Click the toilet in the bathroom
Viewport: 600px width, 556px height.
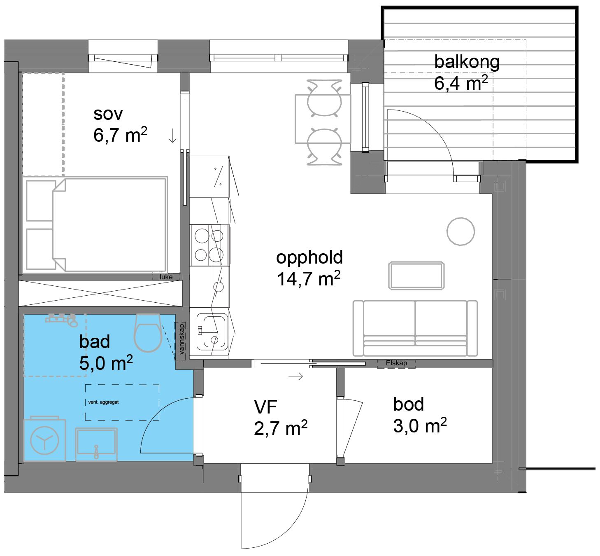pos(148,333)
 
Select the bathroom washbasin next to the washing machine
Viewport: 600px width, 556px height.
pos(96,444)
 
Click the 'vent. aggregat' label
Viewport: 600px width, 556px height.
pos(103,402)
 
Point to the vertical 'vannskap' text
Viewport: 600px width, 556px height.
pos(181,339)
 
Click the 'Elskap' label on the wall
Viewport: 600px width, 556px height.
pos(396,363)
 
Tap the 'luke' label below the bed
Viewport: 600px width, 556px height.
pos(166,277)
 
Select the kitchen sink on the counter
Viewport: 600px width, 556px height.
pos(212,332)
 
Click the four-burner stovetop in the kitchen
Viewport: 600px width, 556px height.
pos(209,245)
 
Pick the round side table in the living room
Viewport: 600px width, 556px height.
pos(460,231)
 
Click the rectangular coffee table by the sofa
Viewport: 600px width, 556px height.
pos(416,276)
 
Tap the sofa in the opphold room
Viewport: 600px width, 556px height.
pos(415,328)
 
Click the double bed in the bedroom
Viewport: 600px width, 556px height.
pos(95,224)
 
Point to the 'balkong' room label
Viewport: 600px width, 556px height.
pos(467,62)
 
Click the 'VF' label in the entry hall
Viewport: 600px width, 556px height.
pos(265,407)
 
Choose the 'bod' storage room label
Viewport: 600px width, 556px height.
pos(409,404)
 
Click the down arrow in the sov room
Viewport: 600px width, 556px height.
pos(172,135)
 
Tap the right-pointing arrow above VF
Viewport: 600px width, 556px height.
pos(295,376)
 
